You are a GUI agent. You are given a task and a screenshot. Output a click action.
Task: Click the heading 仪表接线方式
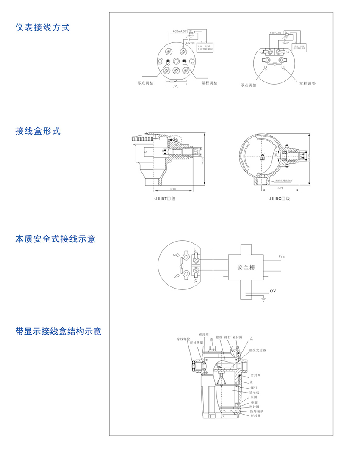42,28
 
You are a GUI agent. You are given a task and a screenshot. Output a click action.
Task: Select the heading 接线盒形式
38,131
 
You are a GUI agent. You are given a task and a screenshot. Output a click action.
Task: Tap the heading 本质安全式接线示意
55,239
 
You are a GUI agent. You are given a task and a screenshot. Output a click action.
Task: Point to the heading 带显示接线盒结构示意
58,331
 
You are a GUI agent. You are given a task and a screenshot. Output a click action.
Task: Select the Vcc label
282,257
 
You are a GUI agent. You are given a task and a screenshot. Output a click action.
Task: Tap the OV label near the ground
273,291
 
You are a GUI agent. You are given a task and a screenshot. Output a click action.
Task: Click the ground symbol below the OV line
263,299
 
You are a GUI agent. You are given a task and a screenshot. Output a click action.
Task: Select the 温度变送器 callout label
258,350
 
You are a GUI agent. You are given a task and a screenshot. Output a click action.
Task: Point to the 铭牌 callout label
219,338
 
